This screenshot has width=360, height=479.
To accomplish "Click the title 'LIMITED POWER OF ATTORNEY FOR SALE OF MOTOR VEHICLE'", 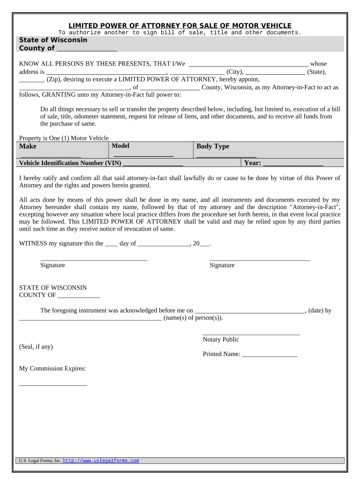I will pyautogui.click(x=180, y=25).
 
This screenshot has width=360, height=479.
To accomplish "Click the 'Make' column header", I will pyautogui.click(x=28, y=146).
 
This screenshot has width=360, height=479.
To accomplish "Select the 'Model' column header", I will pyautogui.click(x=121, y=146).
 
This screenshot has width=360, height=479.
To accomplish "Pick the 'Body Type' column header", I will pyautogui.click(x=213, y=146).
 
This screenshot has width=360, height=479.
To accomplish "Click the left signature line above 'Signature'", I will pyautogui.click(x=94, y=259).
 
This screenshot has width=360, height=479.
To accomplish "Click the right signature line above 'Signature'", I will pyautogui.click(x=260, y=259).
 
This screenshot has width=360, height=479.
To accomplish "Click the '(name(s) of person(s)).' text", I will pyautogui.click(x=193, y=318).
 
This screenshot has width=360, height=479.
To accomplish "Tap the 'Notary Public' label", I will pyautogui.click(x=221, y=340).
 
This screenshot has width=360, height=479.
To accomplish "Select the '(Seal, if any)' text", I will pyautogui.click(x=36, y=347).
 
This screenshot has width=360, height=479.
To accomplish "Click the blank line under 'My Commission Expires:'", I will pyautogui.click(x=53, y=385).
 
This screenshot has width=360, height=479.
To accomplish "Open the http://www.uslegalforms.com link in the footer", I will pyautogui.click(x=101, y=461).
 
